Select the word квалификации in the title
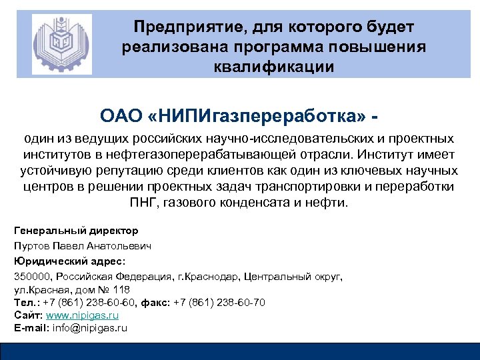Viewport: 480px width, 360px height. (x=273, y=67)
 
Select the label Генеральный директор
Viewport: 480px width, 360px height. (x=76, y=231)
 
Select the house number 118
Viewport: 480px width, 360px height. (x=122, y=289)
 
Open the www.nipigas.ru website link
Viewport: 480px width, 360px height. (x=81, y=315)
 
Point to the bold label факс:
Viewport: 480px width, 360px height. (x=155, y=303)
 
